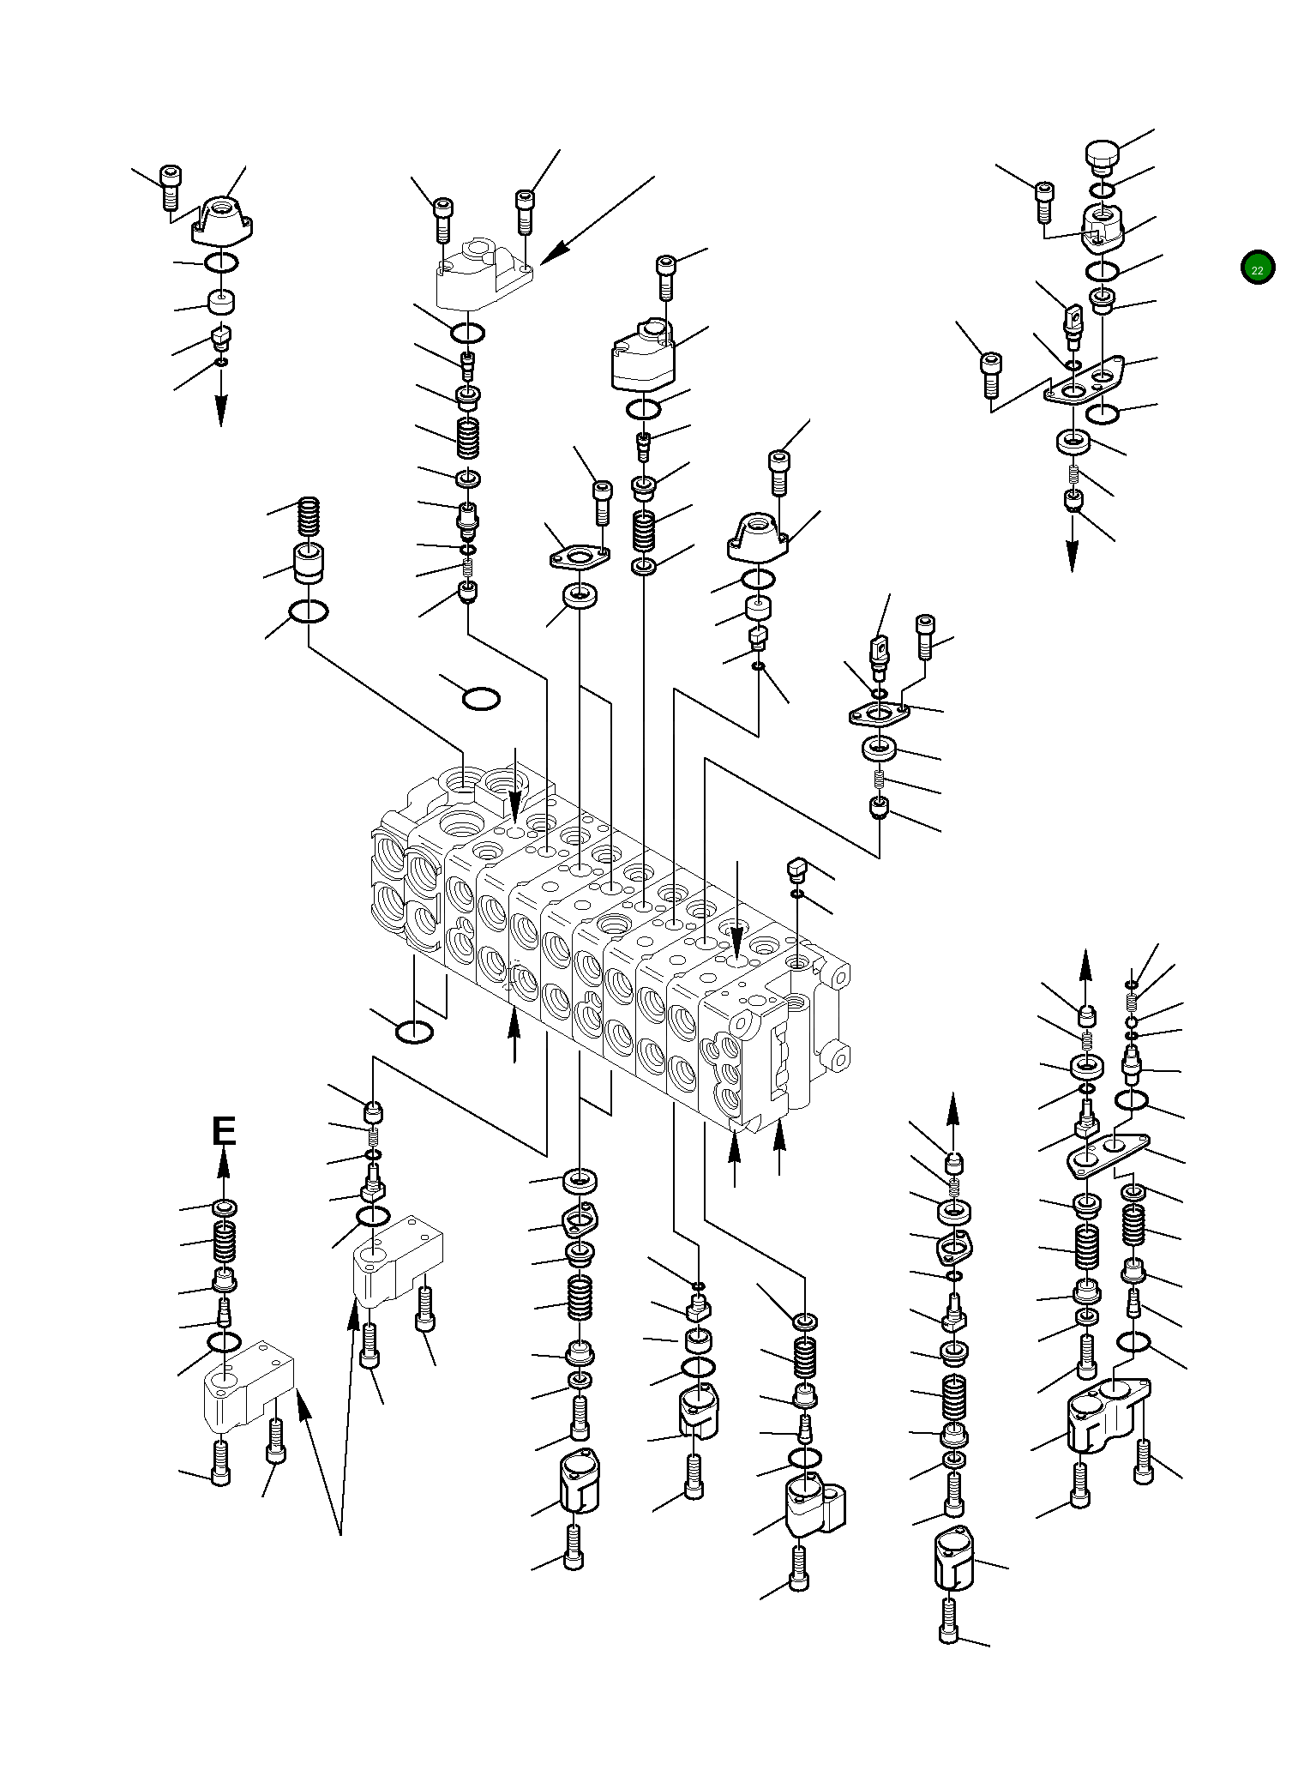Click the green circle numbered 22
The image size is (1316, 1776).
[x=1257, y=268]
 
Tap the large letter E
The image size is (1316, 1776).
[x=224, y=1131]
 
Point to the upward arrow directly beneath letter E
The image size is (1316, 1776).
[x=224, y=1172]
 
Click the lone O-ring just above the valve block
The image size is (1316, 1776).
[x=481, y=699]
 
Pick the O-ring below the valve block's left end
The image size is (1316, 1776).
[x=414, y=1032]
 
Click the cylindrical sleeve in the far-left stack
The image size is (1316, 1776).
[x=309, y=563]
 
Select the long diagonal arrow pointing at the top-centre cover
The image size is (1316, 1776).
[x=598, y=220]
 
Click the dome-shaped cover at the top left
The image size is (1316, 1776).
[x=224, y=217]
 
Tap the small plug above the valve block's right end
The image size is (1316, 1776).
[x=797, y=873]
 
